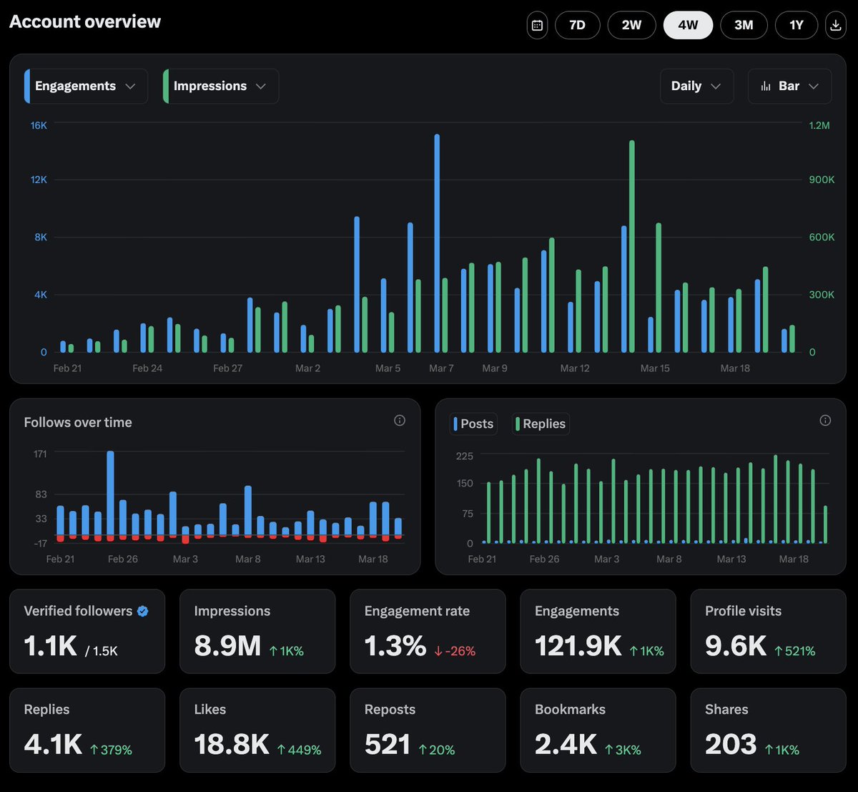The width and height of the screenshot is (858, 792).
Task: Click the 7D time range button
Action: (x=577, y=25)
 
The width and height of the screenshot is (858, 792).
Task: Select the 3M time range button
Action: (x=744, y=25)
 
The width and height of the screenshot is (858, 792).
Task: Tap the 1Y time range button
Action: (x=797, y=25)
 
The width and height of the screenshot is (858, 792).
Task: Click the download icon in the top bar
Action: (x=835, y=25)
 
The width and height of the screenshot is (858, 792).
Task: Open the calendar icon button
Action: (x=538, y=25)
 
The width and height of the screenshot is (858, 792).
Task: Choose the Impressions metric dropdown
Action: (x=220, y=86)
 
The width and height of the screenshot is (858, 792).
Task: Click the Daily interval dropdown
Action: (x=696, y=86)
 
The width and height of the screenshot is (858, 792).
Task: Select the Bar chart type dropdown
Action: (x=789, y=86)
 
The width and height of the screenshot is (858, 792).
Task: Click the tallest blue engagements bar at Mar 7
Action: (x=437, y=243)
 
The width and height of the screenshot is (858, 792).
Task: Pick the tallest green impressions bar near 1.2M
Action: (x=632, y=246)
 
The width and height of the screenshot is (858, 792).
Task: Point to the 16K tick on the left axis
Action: (x=39, y=125)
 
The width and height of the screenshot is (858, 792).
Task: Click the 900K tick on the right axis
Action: (x=822, y=180)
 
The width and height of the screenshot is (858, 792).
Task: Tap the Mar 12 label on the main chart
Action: (x=575, y=368)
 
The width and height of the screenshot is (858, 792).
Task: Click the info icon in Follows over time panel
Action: (x=400, y=421)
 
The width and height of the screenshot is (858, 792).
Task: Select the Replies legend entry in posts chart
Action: (x=541, y=424)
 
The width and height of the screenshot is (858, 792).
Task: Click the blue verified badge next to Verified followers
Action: (x=143, y=611)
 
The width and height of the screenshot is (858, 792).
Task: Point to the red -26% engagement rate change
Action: (x=455, y=651)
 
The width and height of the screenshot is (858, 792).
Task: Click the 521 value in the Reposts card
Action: (x=387, y=745)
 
